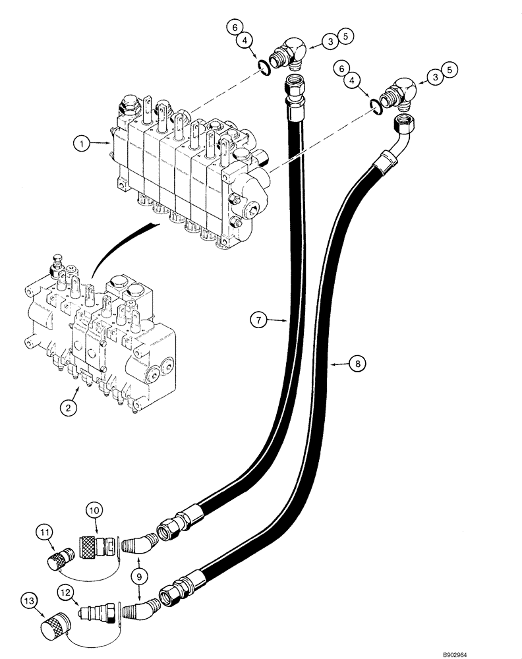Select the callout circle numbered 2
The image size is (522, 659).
[x=69, y=407]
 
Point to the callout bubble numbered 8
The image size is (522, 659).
[x=356, y=363]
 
